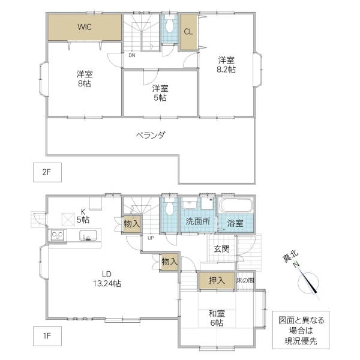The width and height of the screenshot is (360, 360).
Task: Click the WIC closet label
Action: click(x=84, y=26)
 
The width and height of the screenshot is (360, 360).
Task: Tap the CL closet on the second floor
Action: click(x=188, y=32)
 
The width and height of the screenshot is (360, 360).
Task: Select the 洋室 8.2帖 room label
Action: click(x=226, y=65)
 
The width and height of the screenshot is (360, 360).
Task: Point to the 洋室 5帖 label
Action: click(x=160, y=93)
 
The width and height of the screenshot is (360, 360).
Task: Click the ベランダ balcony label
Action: click(x=150, y=135)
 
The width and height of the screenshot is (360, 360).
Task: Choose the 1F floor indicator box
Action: click(x=47, y=336)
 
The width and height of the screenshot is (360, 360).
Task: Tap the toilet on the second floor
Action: click(x=170, y=26)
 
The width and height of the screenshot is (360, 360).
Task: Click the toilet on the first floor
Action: click(x=169, y=208)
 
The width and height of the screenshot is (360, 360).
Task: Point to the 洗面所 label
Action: click(x=197, y=221)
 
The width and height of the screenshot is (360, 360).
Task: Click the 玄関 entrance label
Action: click(x=221, y=249)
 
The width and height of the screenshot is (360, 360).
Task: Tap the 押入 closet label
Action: click(x=217, y=280)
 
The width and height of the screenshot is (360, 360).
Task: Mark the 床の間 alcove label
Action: click(x=245, y=280)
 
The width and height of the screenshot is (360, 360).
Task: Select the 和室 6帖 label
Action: click(x=217, y=318)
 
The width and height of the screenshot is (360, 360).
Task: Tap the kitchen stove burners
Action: click(x=57, y=235)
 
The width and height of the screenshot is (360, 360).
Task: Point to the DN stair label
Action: click(x=131, y=55)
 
